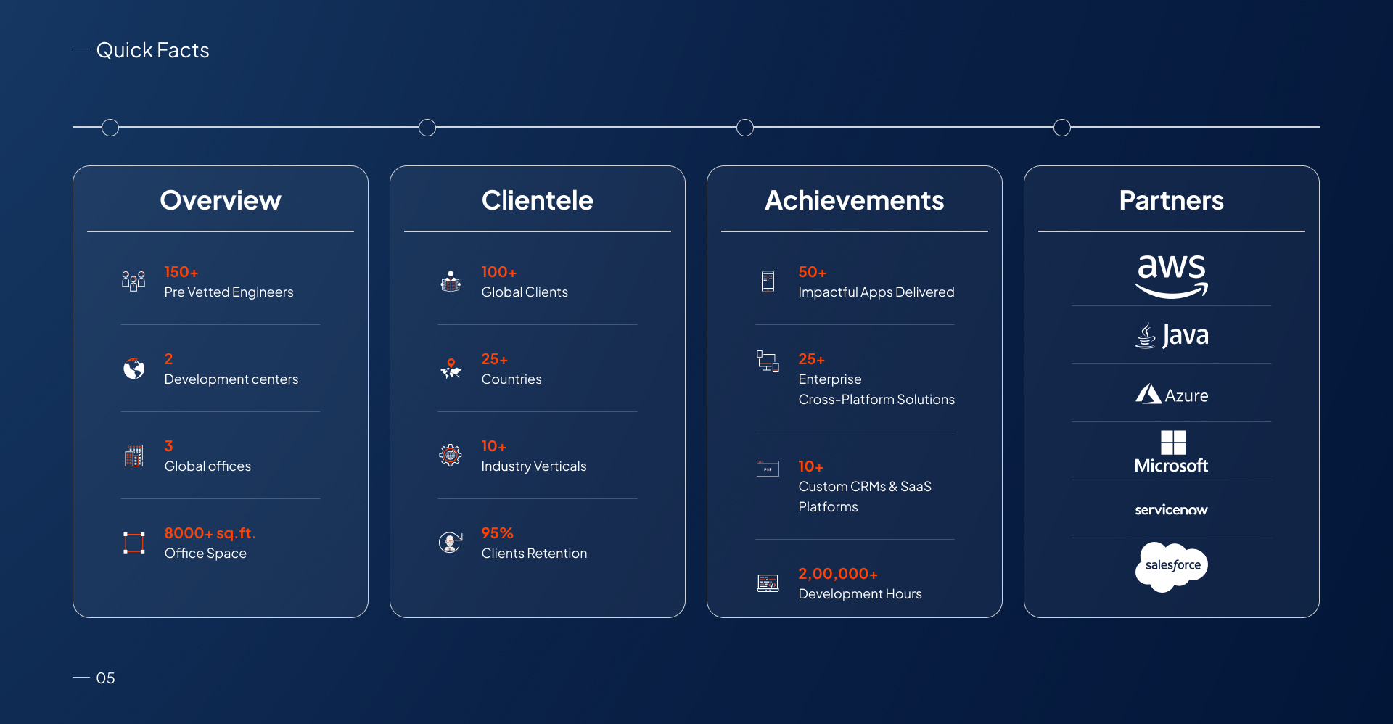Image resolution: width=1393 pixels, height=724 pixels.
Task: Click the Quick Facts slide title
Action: (x=152, y=50)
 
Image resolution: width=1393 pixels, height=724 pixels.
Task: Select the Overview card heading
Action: (x=221, y=200)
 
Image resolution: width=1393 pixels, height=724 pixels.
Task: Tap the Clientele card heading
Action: (x=538, y=200)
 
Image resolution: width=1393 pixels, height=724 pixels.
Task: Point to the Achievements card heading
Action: (x=855, y=200)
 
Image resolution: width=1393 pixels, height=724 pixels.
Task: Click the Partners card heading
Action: (x=1172, y=200)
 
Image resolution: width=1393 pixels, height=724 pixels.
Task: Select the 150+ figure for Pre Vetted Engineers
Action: (x=181, y=272)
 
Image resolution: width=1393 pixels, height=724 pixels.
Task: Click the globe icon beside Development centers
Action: (x=134, y=369)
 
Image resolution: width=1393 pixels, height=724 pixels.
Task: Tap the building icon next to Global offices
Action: (x=134, y=456)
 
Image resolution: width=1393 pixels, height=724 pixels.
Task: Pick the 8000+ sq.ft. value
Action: (x=210, y=533)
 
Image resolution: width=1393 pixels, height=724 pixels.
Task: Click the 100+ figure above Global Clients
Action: (x=499, y=272)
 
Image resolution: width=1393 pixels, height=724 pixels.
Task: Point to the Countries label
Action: (x=511, y=379)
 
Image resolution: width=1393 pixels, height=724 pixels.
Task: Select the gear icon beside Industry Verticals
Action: (x=451, y=455)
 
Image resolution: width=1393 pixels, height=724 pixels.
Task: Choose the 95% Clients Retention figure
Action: (x=498, y=533)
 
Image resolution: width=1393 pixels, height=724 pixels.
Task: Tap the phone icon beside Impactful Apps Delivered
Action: (x=768, y=281)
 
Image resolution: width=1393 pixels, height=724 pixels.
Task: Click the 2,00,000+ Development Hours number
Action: (x=838, y=574)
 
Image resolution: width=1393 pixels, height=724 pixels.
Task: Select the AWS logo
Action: (x=1172, y=276)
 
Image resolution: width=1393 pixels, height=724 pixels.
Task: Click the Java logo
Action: (x=1172, y=335)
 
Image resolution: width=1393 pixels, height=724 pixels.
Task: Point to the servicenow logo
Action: (x=1172, y=510)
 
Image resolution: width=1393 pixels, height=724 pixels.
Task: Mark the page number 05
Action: (x=105, y=678)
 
